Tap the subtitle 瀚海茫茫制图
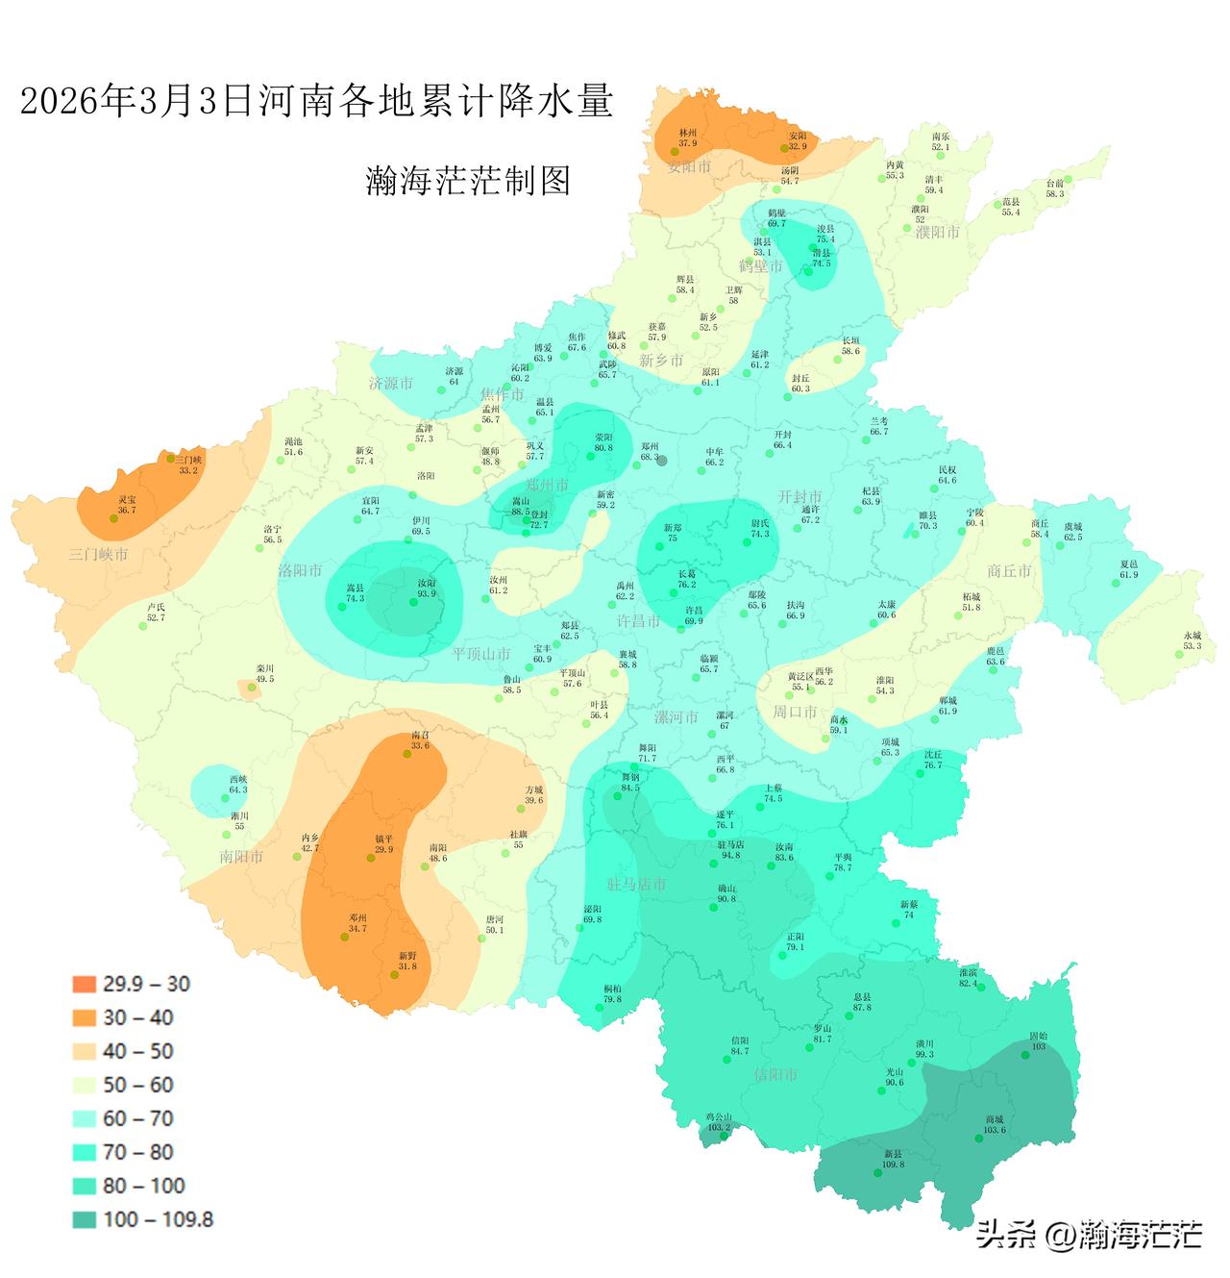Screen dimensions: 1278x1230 [468, 181]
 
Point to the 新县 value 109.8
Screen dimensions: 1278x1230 [893, 1165]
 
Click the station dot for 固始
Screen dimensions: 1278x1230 [1025, 1055]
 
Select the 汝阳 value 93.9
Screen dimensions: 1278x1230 [426, 594]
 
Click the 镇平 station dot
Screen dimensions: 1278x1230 [371, 858]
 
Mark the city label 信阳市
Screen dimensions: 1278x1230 [776, 1074]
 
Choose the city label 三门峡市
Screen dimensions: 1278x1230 [98, 555]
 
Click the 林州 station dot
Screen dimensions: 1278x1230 [675, 152]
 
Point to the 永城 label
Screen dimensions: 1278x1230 [1193, 636]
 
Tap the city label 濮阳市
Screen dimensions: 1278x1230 [937, 233]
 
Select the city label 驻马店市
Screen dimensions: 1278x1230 [636, 884]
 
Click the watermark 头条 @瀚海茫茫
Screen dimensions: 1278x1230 [1089, 1233]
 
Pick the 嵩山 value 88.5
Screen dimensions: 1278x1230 [520, 513]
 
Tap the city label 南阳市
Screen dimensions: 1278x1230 [241, 856]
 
